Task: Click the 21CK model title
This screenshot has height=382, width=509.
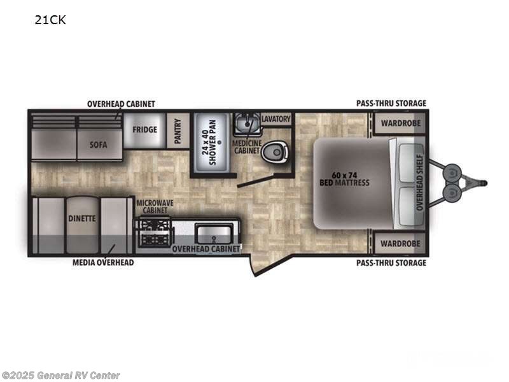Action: click(50, 20)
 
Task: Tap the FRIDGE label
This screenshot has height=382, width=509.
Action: click(145, 130)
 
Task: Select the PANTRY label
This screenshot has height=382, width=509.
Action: click(178, 131)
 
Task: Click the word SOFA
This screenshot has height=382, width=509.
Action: click(99, 145)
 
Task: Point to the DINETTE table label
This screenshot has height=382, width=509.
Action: click(82, 218)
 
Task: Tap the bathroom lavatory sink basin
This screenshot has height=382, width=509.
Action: click(248, 124)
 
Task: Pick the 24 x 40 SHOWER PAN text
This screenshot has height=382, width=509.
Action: click(209, 142)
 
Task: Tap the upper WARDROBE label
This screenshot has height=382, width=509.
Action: click(401, 124)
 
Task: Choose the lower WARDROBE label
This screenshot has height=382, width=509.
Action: click(400, 244)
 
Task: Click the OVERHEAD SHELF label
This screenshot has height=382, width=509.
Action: click(419, 182)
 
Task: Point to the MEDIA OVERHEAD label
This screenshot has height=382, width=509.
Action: click(103, 262)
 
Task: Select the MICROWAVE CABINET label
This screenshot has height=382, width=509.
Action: click(155, 206)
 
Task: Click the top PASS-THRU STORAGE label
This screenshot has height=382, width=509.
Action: click(391, 103)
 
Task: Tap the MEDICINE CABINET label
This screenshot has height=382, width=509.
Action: click(247, 147)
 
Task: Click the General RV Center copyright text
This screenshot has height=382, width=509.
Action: click(60, 376)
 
